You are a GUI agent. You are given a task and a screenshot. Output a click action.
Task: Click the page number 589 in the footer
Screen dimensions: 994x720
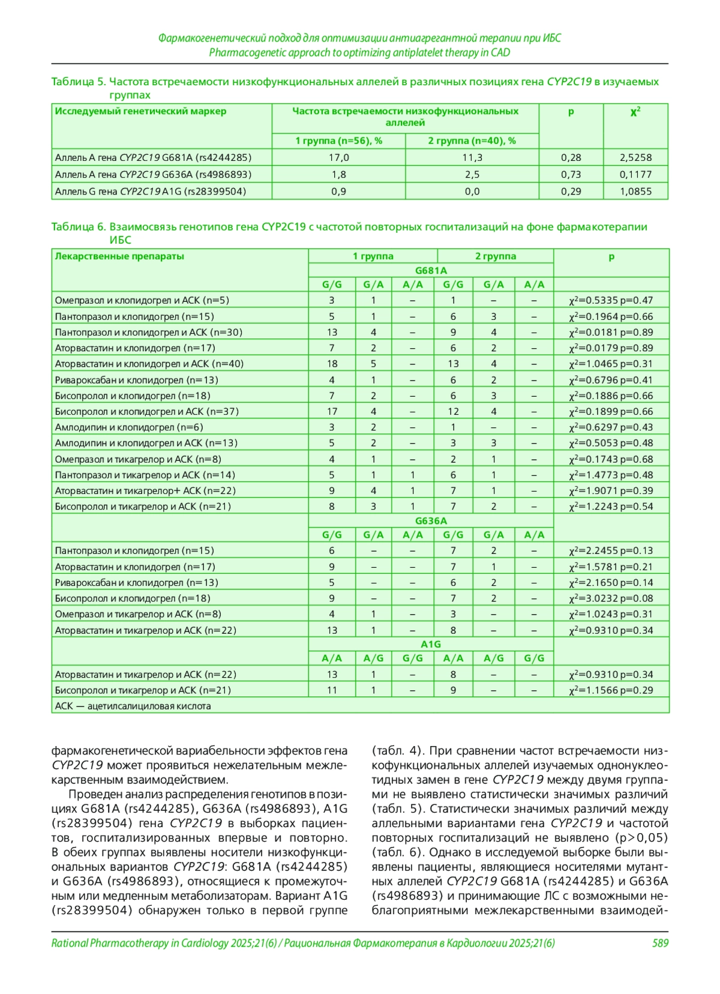pyautogui.click(x=659, y=943)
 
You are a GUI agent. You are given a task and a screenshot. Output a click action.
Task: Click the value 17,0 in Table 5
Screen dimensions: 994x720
pyautogui.click(x=338, y=157)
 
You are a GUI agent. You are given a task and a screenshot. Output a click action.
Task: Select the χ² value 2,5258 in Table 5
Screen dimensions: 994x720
pyautogui.click(x=635, y=157)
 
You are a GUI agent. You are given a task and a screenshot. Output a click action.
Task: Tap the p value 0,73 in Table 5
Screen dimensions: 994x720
pyautogui.click(x=571, y=174)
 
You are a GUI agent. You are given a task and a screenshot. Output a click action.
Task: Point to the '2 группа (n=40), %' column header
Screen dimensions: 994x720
pyautogui.click(x=472, y=140)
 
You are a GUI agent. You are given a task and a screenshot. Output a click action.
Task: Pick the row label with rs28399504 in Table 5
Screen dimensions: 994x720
pyautogui.click(x=151, y=191)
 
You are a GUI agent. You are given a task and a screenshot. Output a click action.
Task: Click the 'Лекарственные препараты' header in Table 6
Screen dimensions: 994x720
pyautogui.click(x=119, y=256)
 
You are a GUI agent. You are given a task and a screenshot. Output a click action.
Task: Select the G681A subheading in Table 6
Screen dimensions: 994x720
pyautogui.click(x=431, y=270)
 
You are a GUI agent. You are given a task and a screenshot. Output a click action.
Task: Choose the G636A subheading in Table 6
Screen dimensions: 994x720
pyautogui.click(x=431, y=520)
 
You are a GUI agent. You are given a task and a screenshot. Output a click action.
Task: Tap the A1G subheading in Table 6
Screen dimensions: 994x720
pyautogui.click(x=431, y=644)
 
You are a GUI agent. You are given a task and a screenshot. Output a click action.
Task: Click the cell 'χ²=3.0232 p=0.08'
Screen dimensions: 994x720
pyautogui.click(x=611, y=598)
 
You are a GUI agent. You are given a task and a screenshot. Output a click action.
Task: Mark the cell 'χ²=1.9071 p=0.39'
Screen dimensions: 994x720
pyautogui.click(x=611, y=490)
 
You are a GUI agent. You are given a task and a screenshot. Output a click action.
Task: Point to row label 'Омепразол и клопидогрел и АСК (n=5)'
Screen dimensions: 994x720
pyautogui.click(x=142, y=300)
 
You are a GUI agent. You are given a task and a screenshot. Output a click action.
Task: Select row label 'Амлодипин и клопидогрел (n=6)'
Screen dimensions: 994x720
pyautogui.click(x=129, y=427)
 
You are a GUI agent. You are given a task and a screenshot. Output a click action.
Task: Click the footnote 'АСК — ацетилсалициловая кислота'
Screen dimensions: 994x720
pyautogui.click(x=133, y=706)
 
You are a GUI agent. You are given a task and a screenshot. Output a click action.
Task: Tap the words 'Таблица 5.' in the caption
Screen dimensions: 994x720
pyautogui.click(x=78, y=82)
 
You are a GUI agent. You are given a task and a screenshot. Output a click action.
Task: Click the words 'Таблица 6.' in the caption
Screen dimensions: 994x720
pyautogui.click(x=78, y=227)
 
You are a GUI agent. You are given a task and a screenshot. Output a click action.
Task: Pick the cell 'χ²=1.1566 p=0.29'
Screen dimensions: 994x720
pyautogui.click(x=611, y=690)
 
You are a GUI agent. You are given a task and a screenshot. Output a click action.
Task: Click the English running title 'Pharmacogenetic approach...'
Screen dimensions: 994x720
pyautogui.click(x=359, y=52)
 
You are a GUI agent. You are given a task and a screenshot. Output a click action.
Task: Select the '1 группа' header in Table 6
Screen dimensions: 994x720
pyautogui.click(x=373, y=256)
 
